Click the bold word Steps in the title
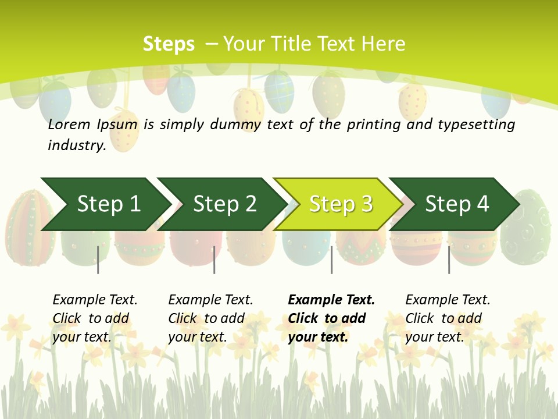point(169,44)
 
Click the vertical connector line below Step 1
point(98,260)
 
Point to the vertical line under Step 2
point(214,260)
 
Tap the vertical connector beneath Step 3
point(331,260)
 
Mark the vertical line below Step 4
point(449,260)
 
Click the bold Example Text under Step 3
point(331,300)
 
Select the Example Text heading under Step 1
point(95,300)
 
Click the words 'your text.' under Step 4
point(435,337)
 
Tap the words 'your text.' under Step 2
point(198,337)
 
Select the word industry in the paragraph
point(76,145)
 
